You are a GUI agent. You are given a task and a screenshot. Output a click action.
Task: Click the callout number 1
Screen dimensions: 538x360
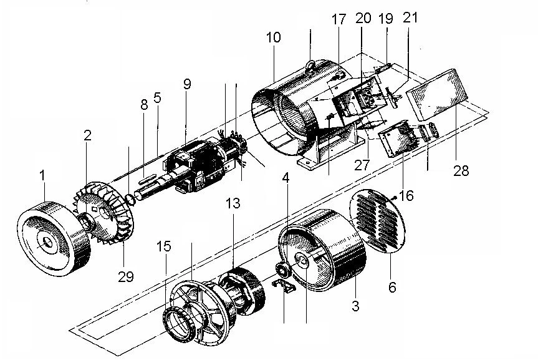pyautogui.click(x=42, y=175)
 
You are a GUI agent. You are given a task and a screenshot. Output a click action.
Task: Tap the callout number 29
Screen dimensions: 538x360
pyautogui.click(x=125, y=276)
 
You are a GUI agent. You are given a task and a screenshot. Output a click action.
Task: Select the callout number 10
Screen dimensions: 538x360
pyautogui.click(x=274, y=37)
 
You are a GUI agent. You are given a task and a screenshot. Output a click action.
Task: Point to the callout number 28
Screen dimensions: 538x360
pyautogui.click(x=461, y=170)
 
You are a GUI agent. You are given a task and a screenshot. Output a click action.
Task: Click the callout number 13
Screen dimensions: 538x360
pyautogui.click(x=233, y=203)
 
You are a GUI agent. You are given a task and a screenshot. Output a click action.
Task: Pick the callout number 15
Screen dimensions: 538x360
pyautogui.click(x=165, y=246)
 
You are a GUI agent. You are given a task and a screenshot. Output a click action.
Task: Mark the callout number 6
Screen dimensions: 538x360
pyautogui.click(x=392, y=287)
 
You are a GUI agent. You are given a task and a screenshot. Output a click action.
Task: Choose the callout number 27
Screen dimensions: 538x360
pyautogui.click(x=362, y=165)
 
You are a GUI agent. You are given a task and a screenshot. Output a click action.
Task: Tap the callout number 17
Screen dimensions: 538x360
pyautogui.click(x=339, y=19)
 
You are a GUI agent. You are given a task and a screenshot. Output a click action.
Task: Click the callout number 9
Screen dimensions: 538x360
pyautogui.click(x=187, y=84)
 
